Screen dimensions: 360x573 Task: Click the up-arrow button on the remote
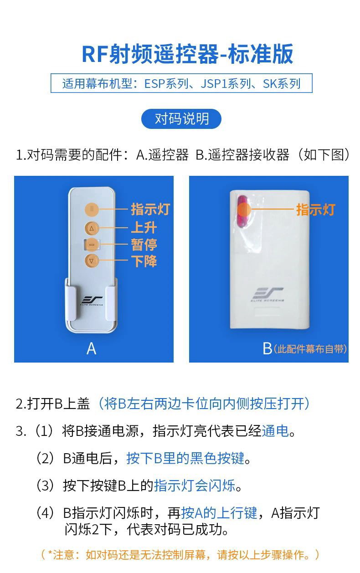click(92, 229)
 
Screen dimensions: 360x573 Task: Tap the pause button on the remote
click(92, 245)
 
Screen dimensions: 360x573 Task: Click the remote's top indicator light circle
click(92, 209)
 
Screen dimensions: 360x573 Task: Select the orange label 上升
click(144, 227)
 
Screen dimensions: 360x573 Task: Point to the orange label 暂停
click(144, 245)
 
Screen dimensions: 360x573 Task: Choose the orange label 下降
click(144, 261)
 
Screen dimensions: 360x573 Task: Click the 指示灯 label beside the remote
click(150, 209)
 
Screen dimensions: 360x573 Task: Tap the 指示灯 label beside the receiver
click(316, 210)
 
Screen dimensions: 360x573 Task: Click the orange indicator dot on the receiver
click(244, 210)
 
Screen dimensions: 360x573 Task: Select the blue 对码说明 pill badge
click(181, 119)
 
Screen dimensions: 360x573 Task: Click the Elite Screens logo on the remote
click(92, 300)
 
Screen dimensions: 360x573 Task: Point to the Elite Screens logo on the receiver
click(267, 294)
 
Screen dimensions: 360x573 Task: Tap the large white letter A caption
click(91, 348)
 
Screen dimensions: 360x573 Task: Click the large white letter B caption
click(267, 348)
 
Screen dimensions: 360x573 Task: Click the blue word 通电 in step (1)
click(275, 431)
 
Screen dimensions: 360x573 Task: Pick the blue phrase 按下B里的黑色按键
click(185, 458)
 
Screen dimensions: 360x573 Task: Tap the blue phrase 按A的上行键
click(219, 513)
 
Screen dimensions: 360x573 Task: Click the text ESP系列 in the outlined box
click(166, 83)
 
